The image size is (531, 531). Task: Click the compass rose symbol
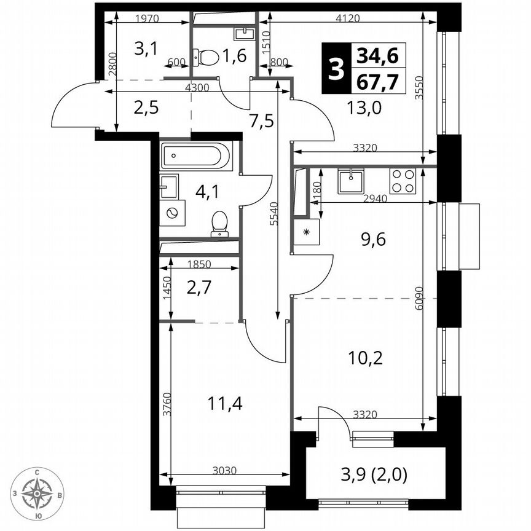(38, 493)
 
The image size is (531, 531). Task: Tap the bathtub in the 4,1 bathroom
(196, 156)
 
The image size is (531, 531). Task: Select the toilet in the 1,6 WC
(207, 58)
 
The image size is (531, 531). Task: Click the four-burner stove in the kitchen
(403, 181)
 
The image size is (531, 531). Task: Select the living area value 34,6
(377, 57)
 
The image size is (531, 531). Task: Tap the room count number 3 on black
(335, 69)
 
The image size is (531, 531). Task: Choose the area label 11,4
(225, 404)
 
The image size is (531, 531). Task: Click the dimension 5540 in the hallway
(272, 214)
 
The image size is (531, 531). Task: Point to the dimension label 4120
(348, 18)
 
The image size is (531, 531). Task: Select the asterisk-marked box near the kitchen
(306, 232)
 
